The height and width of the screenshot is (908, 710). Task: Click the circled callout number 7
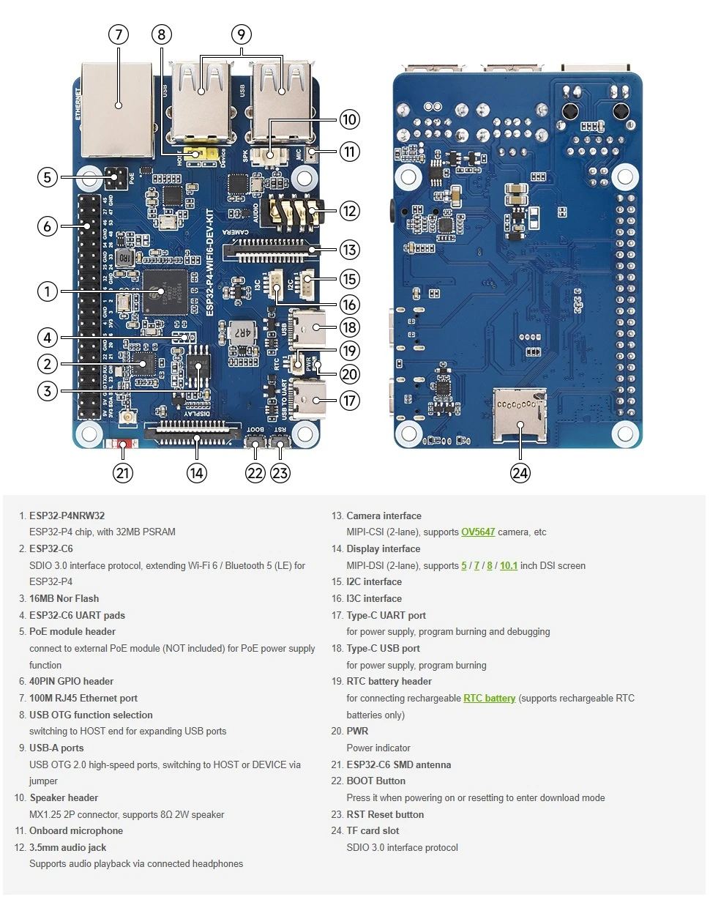click(x=118, y=34)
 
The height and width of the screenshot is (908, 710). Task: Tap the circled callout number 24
click(x=520, y=473)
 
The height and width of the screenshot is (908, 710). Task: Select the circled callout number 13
click(x=350, y=250)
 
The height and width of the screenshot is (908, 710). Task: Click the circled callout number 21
click(x=123, y=473)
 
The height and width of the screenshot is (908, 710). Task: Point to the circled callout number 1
click(x=48, y=291)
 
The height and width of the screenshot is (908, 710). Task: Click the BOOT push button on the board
click(x=255, y=442)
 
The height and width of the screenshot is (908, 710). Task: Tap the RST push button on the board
click(x=280, y=442)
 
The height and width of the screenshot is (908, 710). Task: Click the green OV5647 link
click(x=478, y=532)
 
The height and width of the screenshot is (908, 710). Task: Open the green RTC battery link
click(x=489, y=699)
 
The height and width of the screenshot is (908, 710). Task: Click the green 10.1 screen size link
click(x=509, y=565)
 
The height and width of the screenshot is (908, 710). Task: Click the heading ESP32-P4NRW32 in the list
click(x=67, y=516)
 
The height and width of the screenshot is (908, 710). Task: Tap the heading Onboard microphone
click(x=76, y=830)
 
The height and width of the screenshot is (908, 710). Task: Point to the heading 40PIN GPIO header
click(x=71, y=681)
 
